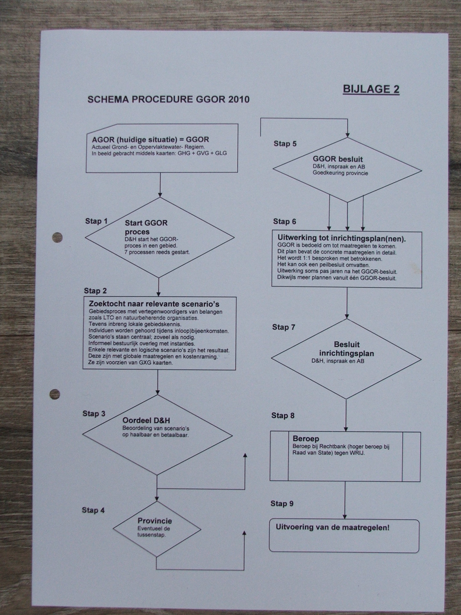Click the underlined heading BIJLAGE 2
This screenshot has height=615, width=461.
pos(371,89)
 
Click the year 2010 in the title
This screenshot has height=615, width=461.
pos(239,100)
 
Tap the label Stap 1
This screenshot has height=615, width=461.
pos(97,221)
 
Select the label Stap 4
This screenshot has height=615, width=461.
pos(93,510)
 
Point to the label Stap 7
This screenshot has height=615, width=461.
pos(284,327)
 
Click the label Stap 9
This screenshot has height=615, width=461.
pos(282,504)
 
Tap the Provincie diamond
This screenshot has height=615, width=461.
pos(157,529)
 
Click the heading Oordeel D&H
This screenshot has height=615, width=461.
pos(146,420)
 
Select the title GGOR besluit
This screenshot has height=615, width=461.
pos(338,159)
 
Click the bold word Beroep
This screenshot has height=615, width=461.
pos(306,438)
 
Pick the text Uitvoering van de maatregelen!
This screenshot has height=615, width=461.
pos(333,527)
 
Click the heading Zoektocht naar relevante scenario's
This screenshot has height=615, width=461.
pos(154,304)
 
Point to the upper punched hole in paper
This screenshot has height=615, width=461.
pos(57,237)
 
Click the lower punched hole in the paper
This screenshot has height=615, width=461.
pos(55,394)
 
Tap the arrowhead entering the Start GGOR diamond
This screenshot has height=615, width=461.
pos(160,195)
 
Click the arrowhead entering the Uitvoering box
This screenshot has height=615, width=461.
pos(345,517)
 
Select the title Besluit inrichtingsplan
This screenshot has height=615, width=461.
pos(347,349)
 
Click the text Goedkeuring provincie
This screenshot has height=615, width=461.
pos(340,173)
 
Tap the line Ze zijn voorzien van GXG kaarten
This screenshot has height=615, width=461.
pos(131,363)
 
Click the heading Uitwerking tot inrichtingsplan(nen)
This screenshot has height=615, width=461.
pos(341,238)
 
